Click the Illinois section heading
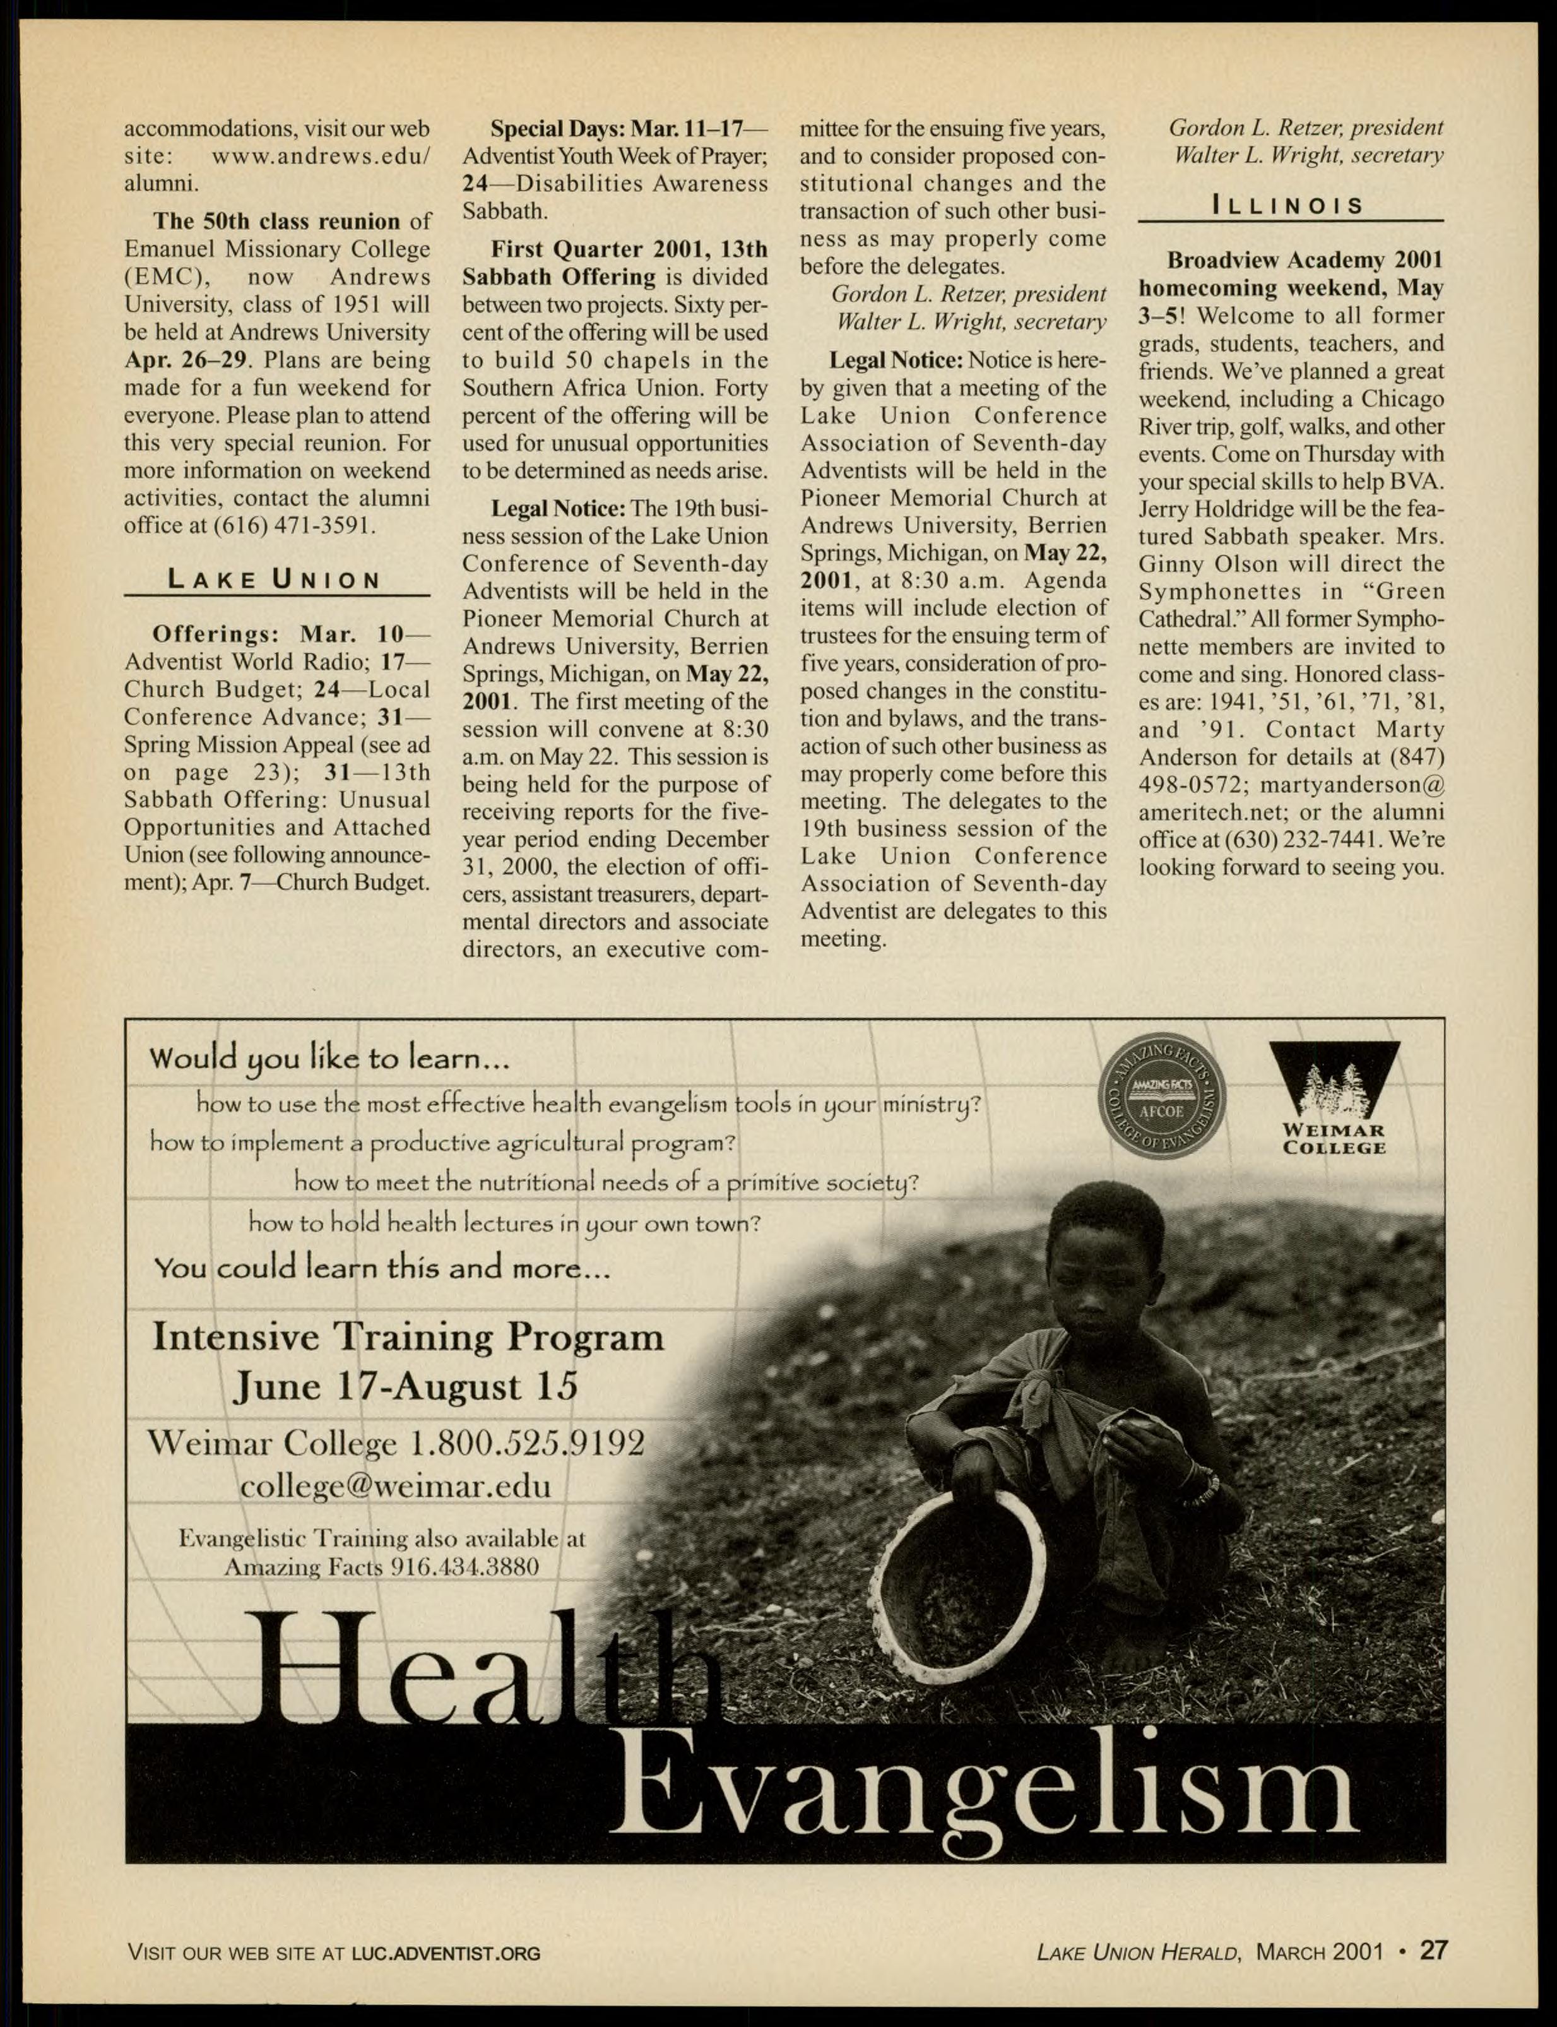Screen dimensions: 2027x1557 coord(1288,205)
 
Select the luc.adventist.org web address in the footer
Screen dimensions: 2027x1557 coord(446,1954)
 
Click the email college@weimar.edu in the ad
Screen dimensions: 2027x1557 coord(395,1487)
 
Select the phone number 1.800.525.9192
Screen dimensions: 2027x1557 coord(526,1442)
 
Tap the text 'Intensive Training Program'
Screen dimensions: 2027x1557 coord(408,1336)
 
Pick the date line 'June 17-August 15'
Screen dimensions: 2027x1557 coord(406,1386)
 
